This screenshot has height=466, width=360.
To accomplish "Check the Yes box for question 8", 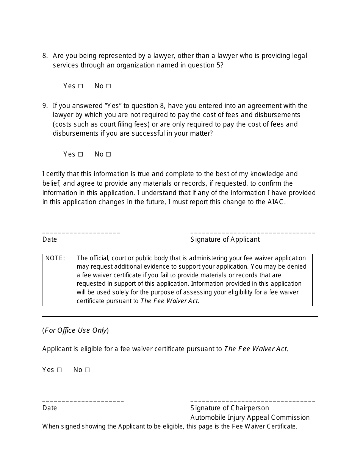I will click(80, 86).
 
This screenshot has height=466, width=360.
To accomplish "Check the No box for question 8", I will click(108, 86).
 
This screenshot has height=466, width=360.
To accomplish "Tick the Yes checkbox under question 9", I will click(80, 155).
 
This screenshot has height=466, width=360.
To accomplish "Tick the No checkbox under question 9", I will click(108, 155).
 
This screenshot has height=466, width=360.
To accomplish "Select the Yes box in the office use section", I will click(59, 370).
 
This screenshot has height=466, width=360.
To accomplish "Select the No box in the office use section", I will click(87, 370).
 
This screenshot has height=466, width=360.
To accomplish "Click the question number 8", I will click(45, 56).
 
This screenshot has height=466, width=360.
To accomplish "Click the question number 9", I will click(45, 106).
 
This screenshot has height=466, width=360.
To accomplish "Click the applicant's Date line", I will click(81, 231).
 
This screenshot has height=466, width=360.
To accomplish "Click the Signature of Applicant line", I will click(252, 231).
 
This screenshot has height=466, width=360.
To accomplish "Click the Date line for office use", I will click(83, 400).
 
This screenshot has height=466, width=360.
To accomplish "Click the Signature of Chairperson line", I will click(252, 400).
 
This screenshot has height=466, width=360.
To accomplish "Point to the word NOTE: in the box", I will click(55, 258).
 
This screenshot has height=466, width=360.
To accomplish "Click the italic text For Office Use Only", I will click(75, 330).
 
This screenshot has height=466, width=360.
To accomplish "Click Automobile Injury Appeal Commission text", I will click(250, 418).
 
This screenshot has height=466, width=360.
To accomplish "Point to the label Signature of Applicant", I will click(225, 239).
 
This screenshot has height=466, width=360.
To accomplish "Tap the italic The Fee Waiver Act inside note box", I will click(169, 301).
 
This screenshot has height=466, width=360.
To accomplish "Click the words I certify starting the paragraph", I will click(54, 174).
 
